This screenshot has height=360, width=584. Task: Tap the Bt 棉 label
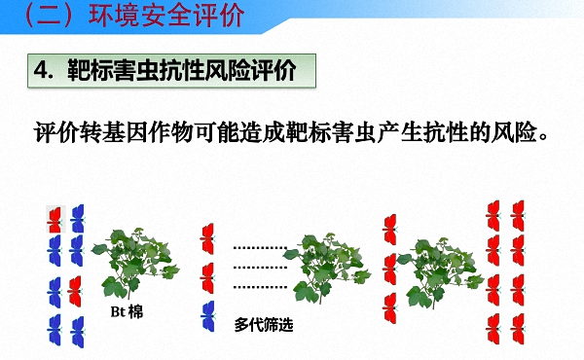(125, 312)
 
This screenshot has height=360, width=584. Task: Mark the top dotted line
(262, 249)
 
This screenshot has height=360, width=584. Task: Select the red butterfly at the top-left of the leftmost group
(55, 217)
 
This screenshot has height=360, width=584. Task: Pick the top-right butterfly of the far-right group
(518, 211)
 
